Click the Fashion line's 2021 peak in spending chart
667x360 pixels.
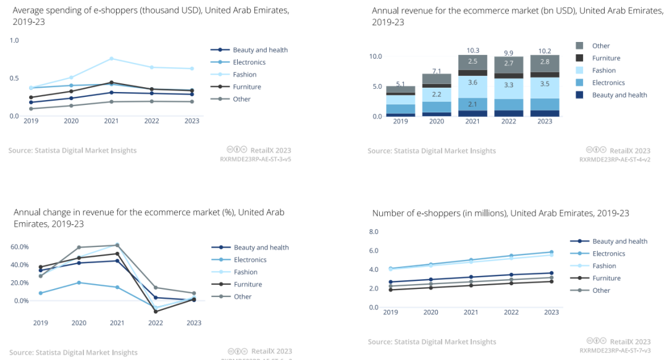point(111,58)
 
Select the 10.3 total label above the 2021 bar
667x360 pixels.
point(472,49)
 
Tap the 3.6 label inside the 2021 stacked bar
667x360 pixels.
point(472,82)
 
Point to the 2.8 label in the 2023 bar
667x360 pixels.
point(545,62)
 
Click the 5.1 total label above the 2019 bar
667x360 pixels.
point(400,84)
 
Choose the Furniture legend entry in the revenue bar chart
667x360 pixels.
point(606,58)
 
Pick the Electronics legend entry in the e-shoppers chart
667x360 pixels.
point(610,254)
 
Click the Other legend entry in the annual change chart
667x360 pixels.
point(242,296)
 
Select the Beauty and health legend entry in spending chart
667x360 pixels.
point(260,50)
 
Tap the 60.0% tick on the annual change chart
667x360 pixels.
point(20,246)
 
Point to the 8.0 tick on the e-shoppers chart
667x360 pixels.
point(373,232)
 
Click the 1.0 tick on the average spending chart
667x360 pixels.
point(14,40)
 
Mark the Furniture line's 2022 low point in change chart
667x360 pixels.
point(156,311)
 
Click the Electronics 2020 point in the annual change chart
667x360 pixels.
point(78,283)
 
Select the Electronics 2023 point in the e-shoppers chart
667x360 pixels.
point(551,252)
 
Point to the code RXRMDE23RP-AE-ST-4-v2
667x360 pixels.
point(615,159)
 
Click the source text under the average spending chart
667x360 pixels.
point(72,151)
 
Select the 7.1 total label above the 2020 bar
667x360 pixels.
point(436,70)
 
